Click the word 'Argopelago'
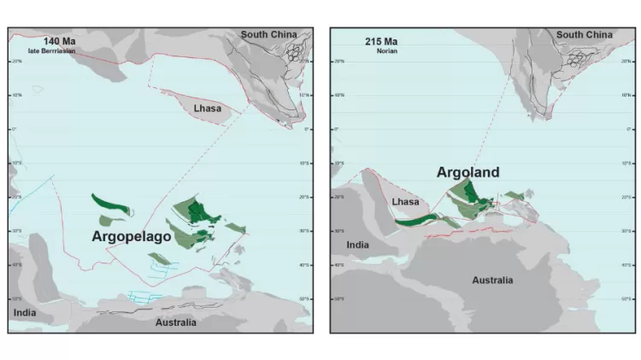click(x=132, y=235)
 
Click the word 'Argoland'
click(x=468, y=172)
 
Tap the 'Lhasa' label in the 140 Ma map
click(x=208, y=109)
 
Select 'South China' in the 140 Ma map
click(x=268, y=34)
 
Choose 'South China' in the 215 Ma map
click(x=585, y=34)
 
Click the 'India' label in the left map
click(x=25, y=313)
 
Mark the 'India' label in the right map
click(x=357, y=245)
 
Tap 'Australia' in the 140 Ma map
click(x=175, y=322)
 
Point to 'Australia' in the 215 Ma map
click(x=492, y=280)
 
